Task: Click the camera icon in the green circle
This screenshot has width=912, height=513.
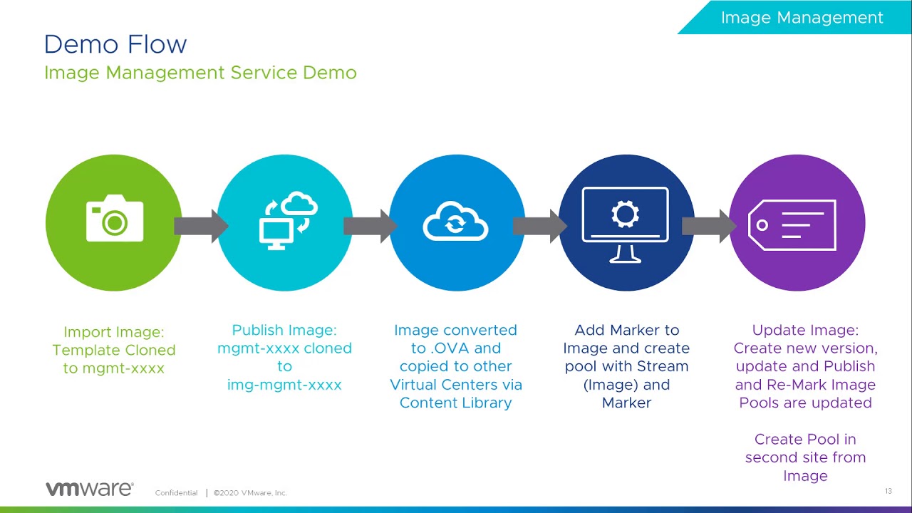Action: pos(115,218)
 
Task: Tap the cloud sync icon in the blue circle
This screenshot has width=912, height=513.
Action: pos(455,221)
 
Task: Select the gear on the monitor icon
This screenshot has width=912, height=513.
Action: pos(625,214)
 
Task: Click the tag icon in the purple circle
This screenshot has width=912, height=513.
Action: pos(792,224)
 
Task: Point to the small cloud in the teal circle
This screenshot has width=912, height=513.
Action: pos(299,203)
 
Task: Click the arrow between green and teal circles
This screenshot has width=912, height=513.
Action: pos(201,226)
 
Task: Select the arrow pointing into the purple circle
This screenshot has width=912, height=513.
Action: pos(709,226)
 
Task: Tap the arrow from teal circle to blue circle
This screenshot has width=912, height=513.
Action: pos(370,226)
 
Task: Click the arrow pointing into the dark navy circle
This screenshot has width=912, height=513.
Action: pos(540,226)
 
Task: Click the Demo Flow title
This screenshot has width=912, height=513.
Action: pos(115,44)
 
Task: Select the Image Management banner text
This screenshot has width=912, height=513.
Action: pos(802,18)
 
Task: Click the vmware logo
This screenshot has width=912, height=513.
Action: pos(90,489)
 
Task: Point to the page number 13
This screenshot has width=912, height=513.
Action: pos(888,491)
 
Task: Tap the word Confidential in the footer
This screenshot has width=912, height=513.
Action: pos(176,492)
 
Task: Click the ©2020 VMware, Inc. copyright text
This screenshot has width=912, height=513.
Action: pos(250,492)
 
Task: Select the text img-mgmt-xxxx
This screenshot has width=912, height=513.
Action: pos(284,384)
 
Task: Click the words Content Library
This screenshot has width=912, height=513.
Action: pos(455,403)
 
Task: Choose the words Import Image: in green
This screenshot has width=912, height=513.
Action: pos(114,332)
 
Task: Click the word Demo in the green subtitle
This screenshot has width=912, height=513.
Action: pos(330,73)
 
